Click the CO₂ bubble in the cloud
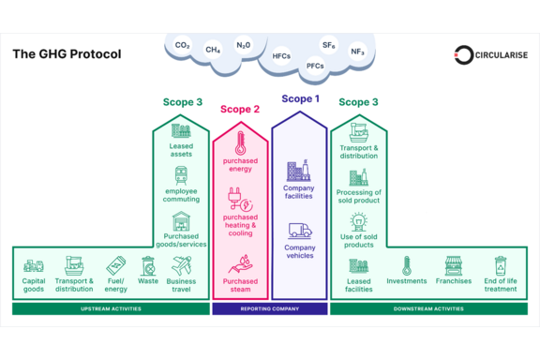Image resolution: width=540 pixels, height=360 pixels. [182, 45]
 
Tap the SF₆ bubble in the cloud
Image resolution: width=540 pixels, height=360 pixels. [328, 45]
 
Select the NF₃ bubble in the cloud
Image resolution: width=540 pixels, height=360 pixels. [357, 52]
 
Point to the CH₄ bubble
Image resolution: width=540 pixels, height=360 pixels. [213, 50]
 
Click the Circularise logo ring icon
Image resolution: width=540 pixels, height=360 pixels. [463, 54]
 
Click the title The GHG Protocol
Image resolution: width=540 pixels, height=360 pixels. [67, 54]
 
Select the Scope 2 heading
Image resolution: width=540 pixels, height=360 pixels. [240, 109]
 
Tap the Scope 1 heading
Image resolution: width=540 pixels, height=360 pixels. [300, 98]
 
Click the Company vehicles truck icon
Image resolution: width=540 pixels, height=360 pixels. [300, 231]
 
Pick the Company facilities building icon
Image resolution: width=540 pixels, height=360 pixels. [298, 171]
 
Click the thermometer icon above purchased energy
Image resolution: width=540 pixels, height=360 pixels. [240, 142]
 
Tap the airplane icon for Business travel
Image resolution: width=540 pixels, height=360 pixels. [182, 265]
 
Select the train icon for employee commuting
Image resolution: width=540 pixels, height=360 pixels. [181, 175]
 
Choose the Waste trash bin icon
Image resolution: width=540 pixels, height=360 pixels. [148, 266]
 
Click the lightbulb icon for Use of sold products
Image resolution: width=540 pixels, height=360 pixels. [358, 222]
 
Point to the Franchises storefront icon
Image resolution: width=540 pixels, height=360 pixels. [453, 265]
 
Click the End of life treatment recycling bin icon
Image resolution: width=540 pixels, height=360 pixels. [501, 265]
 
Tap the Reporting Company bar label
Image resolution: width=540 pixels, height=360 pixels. [270, 309]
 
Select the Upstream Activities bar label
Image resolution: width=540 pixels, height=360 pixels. [111, 309]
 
